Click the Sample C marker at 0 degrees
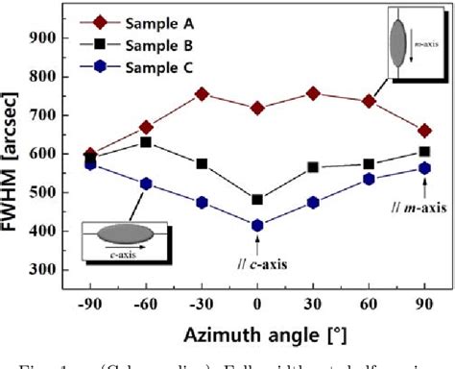pyautogui.click(x=257, y=226)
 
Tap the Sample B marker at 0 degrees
pyautogui.click(x=257, y=200)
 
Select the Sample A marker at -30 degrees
pyautogui.click(x=202, y=94)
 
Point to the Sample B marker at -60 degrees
pyautogui.click(x=146, y=142)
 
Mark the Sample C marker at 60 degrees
pyautogui.click(x=369, y=179)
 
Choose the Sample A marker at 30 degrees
pyautogui.click(x=313, y=93)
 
